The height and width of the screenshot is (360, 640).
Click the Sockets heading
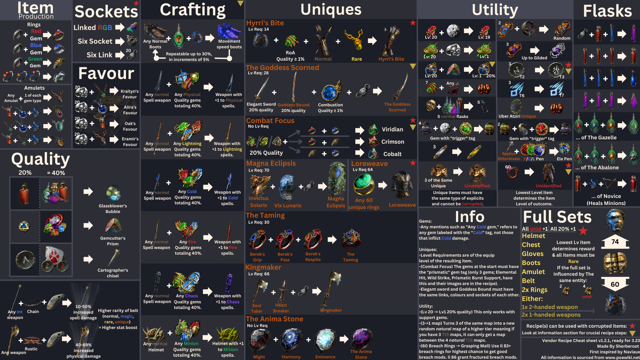pyautogui.click(x=106, y=12)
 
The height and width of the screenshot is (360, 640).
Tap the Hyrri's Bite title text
pyautogui.click(x=265, y=23)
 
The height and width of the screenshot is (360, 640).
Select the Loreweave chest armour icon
pyautogui.click(x=402, y=185)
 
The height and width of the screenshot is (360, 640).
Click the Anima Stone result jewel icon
pyautogui.click(x=361, y=339)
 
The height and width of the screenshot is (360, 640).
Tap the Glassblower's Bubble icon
pyautogui.click(x=113, y=193)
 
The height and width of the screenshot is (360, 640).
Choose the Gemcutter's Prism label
pyautogui.click(x=113, y=241)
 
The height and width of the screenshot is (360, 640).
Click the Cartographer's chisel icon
pyautogui.click(x=113, y=258)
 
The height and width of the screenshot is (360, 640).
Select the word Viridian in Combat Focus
pyautogui.click(x=392, y=129)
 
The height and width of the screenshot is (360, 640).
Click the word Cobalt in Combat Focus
pyautogui.click(x=392, y=154)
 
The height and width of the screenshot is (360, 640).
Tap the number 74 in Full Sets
pyautogui.click(x=615, y=242)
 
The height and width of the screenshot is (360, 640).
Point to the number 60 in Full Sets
pyautogui.click(x=615, y=284)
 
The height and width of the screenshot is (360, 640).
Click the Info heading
pyautogui.click(x=470, y=217)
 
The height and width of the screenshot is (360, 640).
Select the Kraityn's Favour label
pyautogui.click(x=130, y=94)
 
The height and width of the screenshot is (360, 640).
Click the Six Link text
pyautogui.click(x=99, y=55)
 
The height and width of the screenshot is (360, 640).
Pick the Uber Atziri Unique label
pyautogui.click(x=517, y=116)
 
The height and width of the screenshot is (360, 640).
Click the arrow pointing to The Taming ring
pyautogui.click(x=332, y=239)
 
